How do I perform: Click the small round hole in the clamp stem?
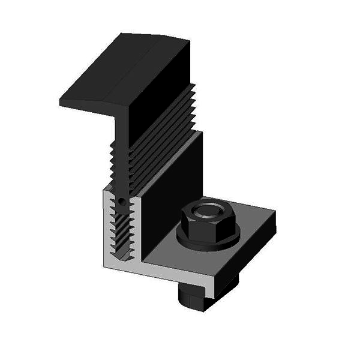(122, 202)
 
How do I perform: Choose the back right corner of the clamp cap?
(189, 41)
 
